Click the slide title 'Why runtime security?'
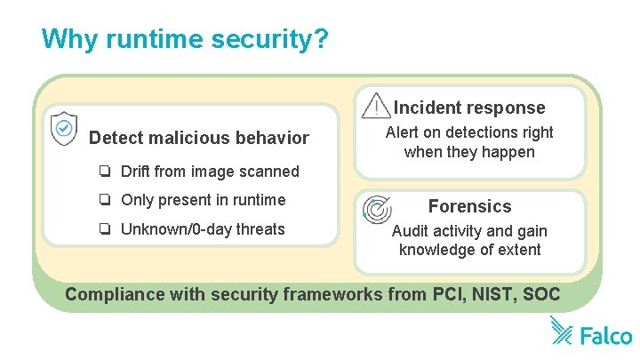185,40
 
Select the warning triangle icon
378,106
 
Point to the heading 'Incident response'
469,108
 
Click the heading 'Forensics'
469,206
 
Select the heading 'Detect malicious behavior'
199,138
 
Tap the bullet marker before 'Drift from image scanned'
105,171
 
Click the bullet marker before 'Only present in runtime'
105,200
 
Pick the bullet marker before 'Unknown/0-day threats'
105,229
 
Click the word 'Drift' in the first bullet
135,171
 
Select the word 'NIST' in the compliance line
500,294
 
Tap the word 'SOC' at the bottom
544,294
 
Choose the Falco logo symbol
562,331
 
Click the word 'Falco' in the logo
605,335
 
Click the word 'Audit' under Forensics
411,231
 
